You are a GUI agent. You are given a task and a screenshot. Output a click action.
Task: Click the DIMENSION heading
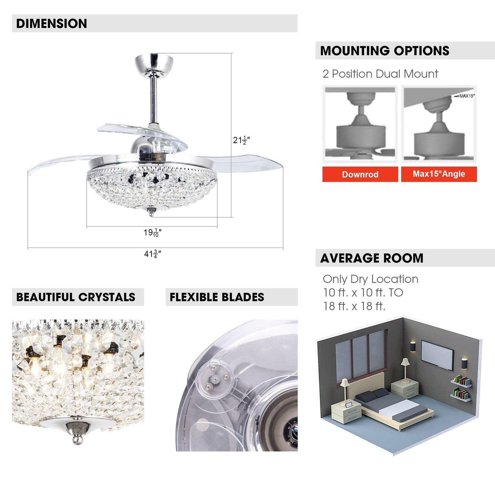[51, 24]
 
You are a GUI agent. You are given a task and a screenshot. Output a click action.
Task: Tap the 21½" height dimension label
[241, 140]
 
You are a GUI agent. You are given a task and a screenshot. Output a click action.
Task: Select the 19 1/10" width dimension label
[152, 233]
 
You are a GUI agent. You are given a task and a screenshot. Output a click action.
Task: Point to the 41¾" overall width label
[152, 254]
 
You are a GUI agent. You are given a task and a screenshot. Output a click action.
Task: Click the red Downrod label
[360, 174]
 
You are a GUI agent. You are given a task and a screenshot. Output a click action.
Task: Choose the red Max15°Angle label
[439, 174]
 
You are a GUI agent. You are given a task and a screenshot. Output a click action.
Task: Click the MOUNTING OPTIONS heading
[384, 51]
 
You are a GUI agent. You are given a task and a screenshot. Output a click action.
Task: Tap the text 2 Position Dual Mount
[380, 74]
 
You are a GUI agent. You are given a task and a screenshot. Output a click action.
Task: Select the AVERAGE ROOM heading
[372, 258]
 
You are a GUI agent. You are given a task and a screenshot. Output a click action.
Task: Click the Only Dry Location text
[370, 279]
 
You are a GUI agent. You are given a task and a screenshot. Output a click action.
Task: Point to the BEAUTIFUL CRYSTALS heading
[76, 297]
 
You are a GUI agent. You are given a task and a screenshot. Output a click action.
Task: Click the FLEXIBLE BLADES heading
[217, 297]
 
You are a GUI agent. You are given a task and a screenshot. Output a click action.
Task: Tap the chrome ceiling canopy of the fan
[154, 64]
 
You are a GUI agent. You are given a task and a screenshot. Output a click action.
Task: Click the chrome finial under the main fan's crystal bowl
[151, 212]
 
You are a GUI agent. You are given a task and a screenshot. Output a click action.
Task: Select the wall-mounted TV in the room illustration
[437, 355]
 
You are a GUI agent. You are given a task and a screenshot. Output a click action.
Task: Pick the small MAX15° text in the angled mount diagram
[466, 96]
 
